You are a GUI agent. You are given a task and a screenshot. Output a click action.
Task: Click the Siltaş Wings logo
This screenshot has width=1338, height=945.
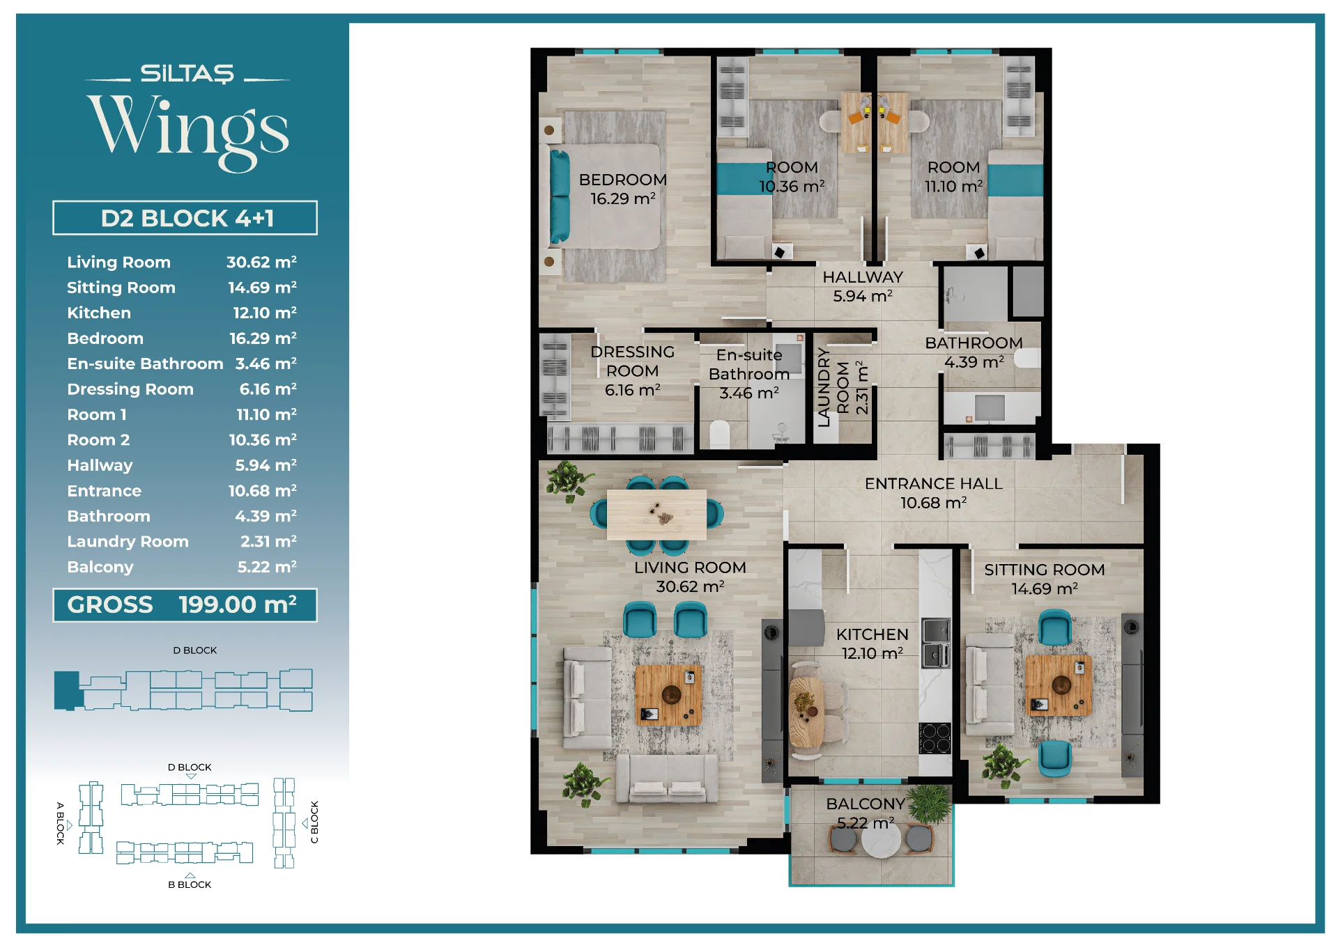pos(187,117)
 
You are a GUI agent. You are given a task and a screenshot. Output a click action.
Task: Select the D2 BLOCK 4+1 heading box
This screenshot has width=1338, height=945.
pos(185,218)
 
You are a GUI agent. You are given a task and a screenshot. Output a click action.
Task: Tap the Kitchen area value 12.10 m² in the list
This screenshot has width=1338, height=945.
pos(265,313)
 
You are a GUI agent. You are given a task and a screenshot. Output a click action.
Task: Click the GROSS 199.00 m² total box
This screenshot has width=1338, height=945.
pos(185,604)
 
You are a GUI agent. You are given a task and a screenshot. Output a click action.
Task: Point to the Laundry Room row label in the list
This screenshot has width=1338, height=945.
pos(128,541)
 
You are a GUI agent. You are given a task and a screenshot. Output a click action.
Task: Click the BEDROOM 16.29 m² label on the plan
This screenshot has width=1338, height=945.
pos(623,189)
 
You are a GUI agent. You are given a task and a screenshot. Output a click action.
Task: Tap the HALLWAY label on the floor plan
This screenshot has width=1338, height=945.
pos(863,277)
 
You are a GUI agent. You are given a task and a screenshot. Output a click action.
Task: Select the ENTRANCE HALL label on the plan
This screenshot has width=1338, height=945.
pos(934,483)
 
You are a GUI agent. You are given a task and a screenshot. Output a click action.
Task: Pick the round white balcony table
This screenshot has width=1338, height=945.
pos(881,840)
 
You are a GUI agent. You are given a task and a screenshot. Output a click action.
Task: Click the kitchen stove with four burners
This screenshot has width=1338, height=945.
pos(935,738)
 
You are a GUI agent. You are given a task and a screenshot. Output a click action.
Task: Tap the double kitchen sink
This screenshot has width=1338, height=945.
pos(936,643)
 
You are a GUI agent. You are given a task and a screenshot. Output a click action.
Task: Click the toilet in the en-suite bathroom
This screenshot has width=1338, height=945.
pos(719,434)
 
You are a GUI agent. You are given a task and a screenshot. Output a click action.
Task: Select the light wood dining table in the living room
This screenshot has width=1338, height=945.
pos(656,515)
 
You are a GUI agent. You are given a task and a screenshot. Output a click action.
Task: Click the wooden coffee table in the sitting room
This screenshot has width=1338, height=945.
pos(1059,685)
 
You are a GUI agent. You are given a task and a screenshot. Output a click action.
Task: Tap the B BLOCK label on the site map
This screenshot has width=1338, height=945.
pos(190,884)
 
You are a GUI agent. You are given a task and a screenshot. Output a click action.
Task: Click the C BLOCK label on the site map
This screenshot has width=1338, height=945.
pos(314,822)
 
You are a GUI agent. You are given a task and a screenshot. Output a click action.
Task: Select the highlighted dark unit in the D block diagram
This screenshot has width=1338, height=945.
pos(68,690)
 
